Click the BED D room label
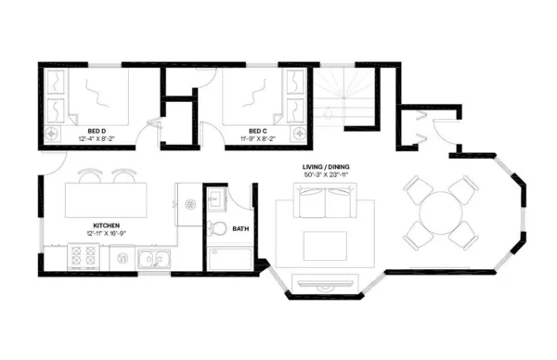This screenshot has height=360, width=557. pos(97,131)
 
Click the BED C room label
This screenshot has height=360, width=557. pos(259,131)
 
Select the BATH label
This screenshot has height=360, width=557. pos(240,229)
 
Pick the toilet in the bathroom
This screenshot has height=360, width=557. pos(216,228)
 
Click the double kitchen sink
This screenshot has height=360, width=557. pos(154,260)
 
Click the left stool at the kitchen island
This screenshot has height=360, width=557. pos(89,174)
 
